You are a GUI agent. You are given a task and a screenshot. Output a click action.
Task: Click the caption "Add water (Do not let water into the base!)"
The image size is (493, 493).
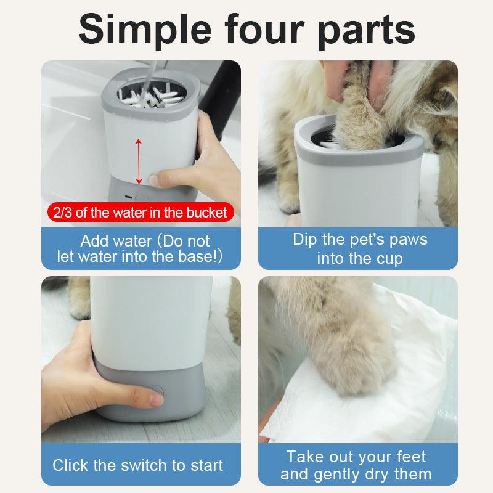pyautogui.click(x=141, y=248)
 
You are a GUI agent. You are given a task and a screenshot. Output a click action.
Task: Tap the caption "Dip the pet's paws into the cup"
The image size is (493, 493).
pyautogui.click(x=360, y=248)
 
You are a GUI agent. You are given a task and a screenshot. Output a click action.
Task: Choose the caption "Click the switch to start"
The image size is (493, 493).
pyautogui.click(x=138, y=465)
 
